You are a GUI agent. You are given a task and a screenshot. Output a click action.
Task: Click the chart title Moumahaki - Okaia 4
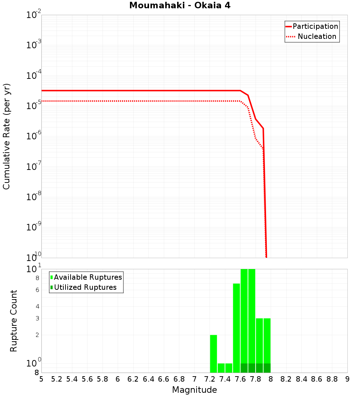pyautogui.click(x=180, y=6)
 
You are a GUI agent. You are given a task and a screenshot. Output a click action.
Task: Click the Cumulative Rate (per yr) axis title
pyautogui.click(x=6, y=136)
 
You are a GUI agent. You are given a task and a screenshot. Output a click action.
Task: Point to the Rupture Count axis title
pyautogui.click(x=14, y=321)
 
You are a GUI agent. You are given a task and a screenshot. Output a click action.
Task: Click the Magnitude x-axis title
pyautogui.click(x=194, y=390)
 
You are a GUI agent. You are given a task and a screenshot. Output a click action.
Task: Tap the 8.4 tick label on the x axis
pyautogui.click(x=302, y=379)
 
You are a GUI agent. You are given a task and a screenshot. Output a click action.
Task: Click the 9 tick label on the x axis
pyautogui.click(x=347, y=379)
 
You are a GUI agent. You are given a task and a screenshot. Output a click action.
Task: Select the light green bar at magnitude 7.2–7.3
pyautogui.click(x=213, y=354)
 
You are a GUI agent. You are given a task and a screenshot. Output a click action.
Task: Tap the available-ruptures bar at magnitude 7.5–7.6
pyautogui.click(x=237, y=328)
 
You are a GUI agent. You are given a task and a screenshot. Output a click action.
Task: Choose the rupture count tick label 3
pyautogui.click(x=37, y=318)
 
